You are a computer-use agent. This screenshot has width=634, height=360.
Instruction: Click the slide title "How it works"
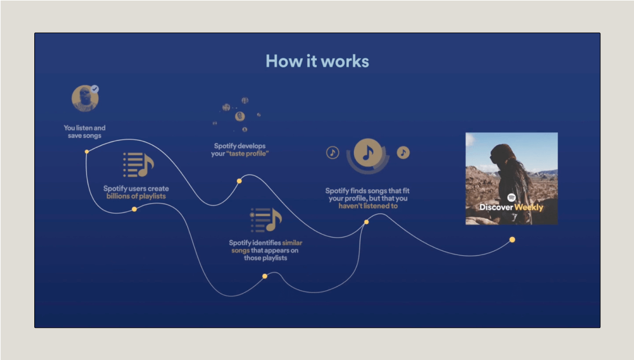317,61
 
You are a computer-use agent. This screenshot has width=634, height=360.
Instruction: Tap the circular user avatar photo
85,99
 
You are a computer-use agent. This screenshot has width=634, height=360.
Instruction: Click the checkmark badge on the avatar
95,88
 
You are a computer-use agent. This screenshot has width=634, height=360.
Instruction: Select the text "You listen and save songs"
84,132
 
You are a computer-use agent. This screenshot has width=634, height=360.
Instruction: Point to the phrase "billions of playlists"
136,196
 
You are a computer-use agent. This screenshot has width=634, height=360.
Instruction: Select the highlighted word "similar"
292,243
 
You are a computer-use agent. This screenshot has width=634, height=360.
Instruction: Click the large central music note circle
368,152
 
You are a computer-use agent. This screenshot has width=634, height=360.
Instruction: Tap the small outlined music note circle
333,153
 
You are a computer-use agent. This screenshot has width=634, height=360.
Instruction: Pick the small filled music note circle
403,152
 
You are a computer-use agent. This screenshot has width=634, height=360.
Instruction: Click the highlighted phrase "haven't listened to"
368,206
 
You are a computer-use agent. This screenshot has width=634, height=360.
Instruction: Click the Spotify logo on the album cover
512,198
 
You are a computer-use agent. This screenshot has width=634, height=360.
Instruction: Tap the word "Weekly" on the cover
529,207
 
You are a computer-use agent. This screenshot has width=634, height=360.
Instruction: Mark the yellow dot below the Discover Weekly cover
512,239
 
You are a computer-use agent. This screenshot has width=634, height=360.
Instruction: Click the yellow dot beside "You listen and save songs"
87,151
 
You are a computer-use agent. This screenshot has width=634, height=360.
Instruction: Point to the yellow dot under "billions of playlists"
134,209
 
